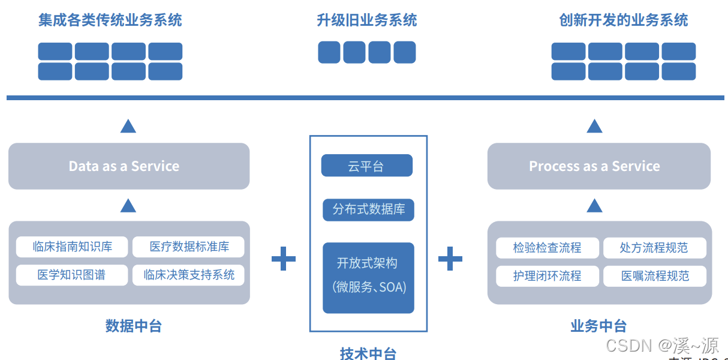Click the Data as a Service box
pos(129,166)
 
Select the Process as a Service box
pos(598,166)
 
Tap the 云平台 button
pos(366,166)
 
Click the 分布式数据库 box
pos(368,209)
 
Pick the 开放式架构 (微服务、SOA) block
pos(368,277)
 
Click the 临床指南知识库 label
pos(72,247)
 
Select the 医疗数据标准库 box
pos(189,247)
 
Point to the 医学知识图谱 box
pos(72,275)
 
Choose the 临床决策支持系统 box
pos(189,275)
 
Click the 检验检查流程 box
pos(547,248)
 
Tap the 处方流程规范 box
pos(654,248)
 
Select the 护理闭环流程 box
pos(547,276)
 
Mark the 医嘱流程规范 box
pos(654,276)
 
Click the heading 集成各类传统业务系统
pos(110,20)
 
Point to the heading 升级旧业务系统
pos(366,20)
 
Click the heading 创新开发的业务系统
pos(624,20)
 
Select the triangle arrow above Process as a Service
pos(594,126)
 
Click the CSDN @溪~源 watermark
pos(662,345)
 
